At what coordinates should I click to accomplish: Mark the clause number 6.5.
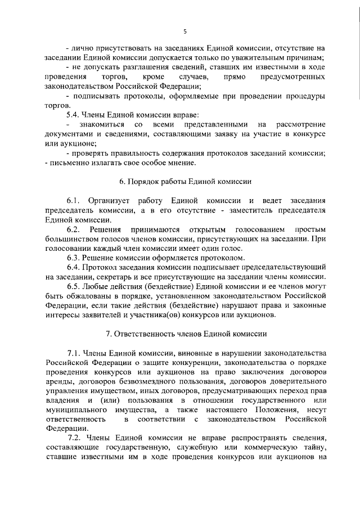click(x=74, y=286)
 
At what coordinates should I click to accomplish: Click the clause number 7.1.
click(x=75, y=353)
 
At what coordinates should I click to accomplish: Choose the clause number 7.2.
click(x=75, y=438)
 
